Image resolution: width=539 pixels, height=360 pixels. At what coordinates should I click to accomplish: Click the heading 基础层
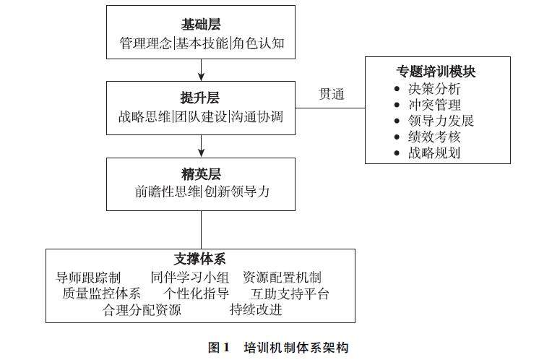[x=201, y=25]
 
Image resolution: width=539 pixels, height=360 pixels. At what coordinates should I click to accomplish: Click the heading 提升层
[x=201, y=98]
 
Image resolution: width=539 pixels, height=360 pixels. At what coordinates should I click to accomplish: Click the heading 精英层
[x=201, y=174]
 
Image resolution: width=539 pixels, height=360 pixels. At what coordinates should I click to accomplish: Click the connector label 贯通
[x=332, y=94]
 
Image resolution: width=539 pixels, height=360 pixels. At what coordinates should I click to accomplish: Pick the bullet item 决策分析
[x=434, y=89]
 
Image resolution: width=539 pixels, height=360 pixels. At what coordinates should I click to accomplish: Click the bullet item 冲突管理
[x=434, y=105]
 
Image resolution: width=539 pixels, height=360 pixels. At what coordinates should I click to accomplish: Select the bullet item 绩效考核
[x=434, y=137]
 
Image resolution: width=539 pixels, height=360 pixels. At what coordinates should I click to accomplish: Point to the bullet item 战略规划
[x=434, y=153]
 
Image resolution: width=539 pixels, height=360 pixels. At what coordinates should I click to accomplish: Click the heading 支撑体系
[x=201, y=259]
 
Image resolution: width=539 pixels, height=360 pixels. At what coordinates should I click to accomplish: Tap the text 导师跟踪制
[x=88, y=278]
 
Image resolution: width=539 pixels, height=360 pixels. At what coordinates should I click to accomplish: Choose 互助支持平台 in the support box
[x=290, y=294]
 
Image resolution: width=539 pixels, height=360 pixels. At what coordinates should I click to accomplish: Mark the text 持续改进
[x=256, y=311]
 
